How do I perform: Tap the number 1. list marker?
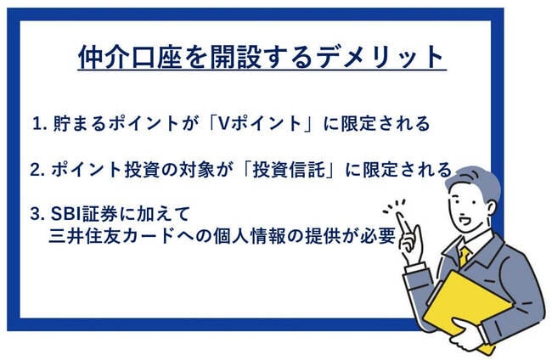[x=40, y=124]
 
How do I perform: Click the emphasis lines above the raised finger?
[x=393, y=204]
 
